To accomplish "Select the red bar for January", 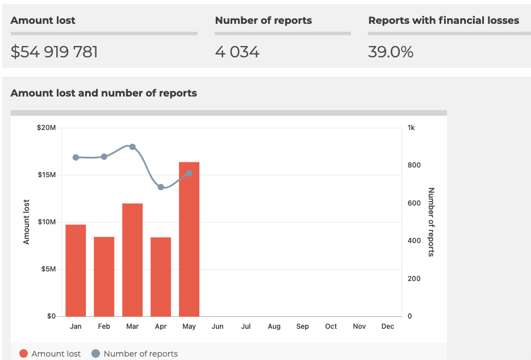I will (x=76, y=270).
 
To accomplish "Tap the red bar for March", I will (x=132, y=259).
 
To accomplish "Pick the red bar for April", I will (x=161, y=277).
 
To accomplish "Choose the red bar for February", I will (x=104, y=277).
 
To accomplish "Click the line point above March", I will (x=132, y=146).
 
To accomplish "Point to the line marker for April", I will (x=161, y=187).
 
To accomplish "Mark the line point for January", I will (x=76, y=157).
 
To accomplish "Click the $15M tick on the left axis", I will (x=47, y=175).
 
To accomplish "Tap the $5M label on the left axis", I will (x=48, y=269).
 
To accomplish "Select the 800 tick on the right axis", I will (x=414, y=165).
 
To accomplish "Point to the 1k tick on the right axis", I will (x=411, y=128).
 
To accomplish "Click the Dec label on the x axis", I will (x=388, y=326).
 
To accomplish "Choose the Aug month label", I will (x=274, y=326).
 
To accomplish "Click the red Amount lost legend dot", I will (x=23, y=354).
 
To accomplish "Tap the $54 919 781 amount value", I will (x=55, y=52).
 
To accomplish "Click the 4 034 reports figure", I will (x=237, y=52).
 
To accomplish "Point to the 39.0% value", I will (x=391, y=52).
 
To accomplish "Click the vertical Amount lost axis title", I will (x=26, y=222).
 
